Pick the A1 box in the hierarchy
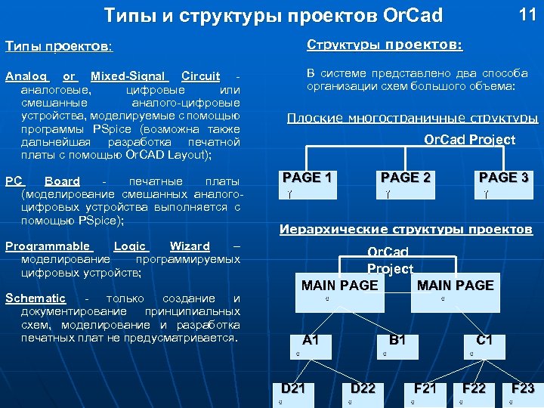coord(310,345)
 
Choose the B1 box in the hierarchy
coord(398,345)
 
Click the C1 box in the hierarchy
coord(484,345)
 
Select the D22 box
coord(363,394)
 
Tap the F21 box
coord(425,394)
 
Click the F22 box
coord(474,394)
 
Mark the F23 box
coord(522,394)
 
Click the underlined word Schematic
coord(36,298)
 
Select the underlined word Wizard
coord(190,246)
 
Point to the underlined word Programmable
coord(48,246)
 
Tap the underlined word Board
coord(62,181)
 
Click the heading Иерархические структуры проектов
coord(406,229)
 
